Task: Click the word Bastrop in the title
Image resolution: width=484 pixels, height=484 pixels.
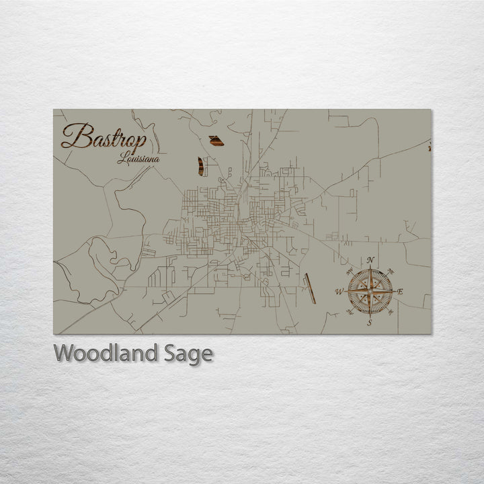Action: tap(104, 137)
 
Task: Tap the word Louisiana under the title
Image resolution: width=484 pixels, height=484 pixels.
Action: tap(138, 159)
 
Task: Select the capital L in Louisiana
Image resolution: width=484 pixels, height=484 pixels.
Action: tap(122, 159)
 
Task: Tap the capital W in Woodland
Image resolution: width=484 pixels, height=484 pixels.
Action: tap(64, 353)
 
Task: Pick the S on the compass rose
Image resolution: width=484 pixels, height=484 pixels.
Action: tap(369, 323)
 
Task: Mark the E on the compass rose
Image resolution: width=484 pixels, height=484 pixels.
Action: tap(401, 291)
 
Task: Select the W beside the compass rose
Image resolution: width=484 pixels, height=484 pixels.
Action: tap(339, 291)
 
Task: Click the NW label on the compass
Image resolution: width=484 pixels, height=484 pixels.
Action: tap(351, 272)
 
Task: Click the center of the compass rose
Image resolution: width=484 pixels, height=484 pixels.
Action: tap(370, 291)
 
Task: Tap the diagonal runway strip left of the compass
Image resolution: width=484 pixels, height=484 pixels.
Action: tap(309, 288)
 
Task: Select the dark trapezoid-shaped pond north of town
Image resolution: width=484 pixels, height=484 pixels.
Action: tap(216, 140)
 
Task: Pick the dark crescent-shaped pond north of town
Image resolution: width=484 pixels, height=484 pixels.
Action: tap(200, 166)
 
